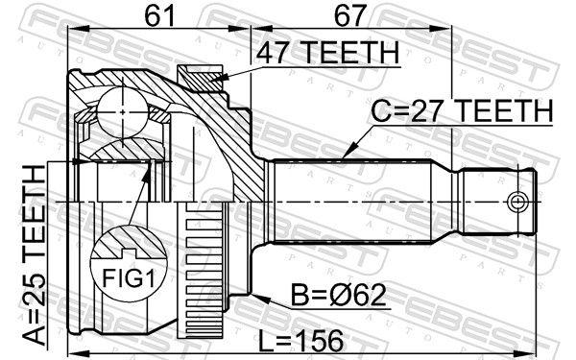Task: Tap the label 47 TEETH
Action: [x=325, y=56]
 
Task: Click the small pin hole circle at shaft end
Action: [x=517, y=202]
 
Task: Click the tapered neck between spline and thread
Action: [x=449, y=202]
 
